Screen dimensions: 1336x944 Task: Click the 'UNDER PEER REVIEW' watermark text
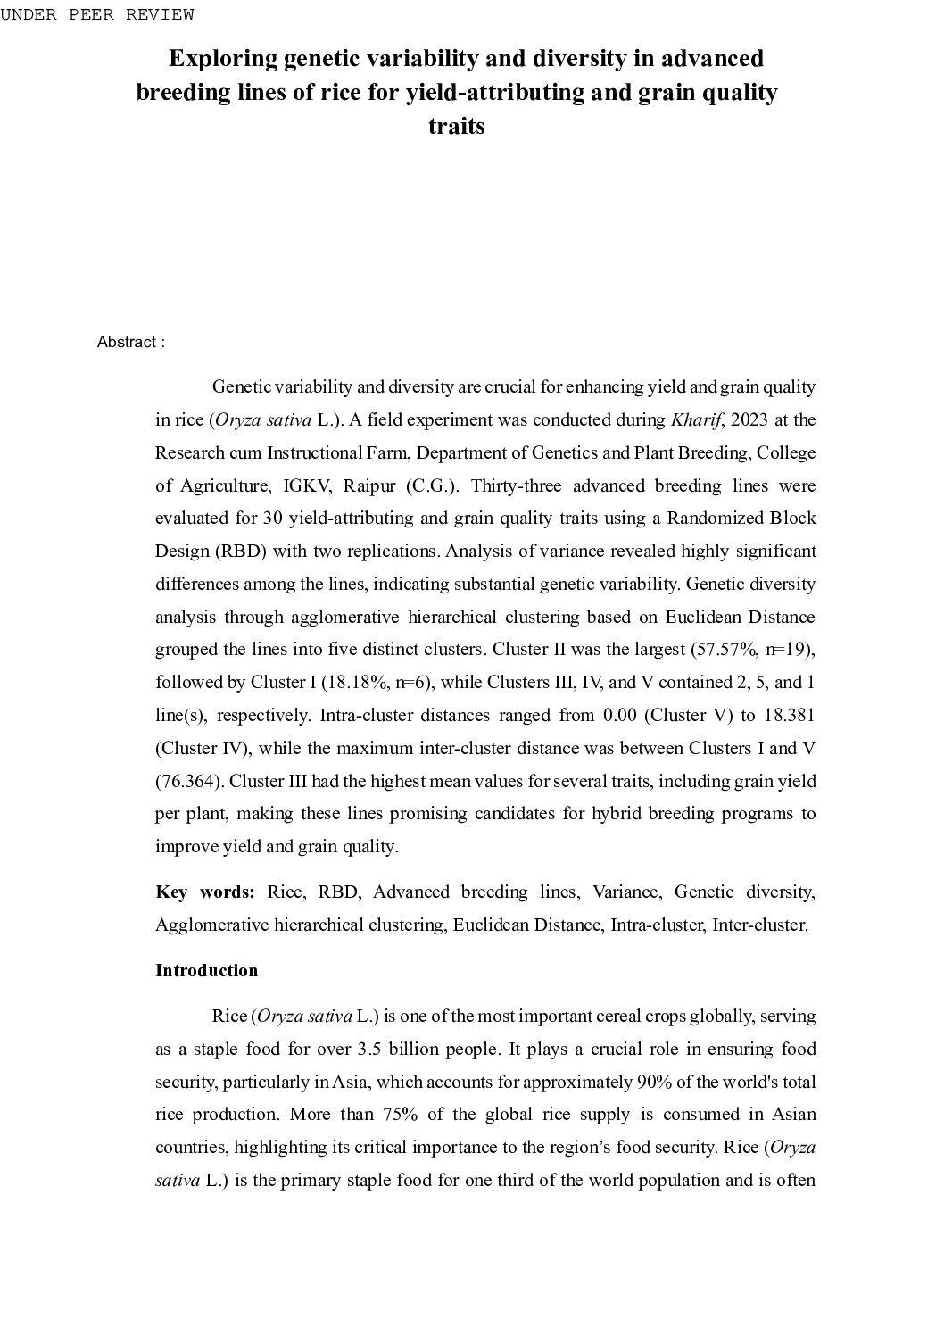(x=96, y=14)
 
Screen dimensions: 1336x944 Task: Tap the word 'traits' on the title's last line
(x=456, y=126)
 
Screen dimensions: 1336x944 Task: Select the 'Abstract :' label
(x=130, y=343)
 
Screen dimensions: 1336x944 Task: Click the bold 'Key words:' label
(x=205, y=892)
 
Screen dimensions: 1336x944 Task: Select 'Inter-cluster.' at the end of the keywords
(x=759, y=925)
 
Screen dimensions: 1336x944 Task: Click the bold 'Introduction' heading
(x=206, y=970)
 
